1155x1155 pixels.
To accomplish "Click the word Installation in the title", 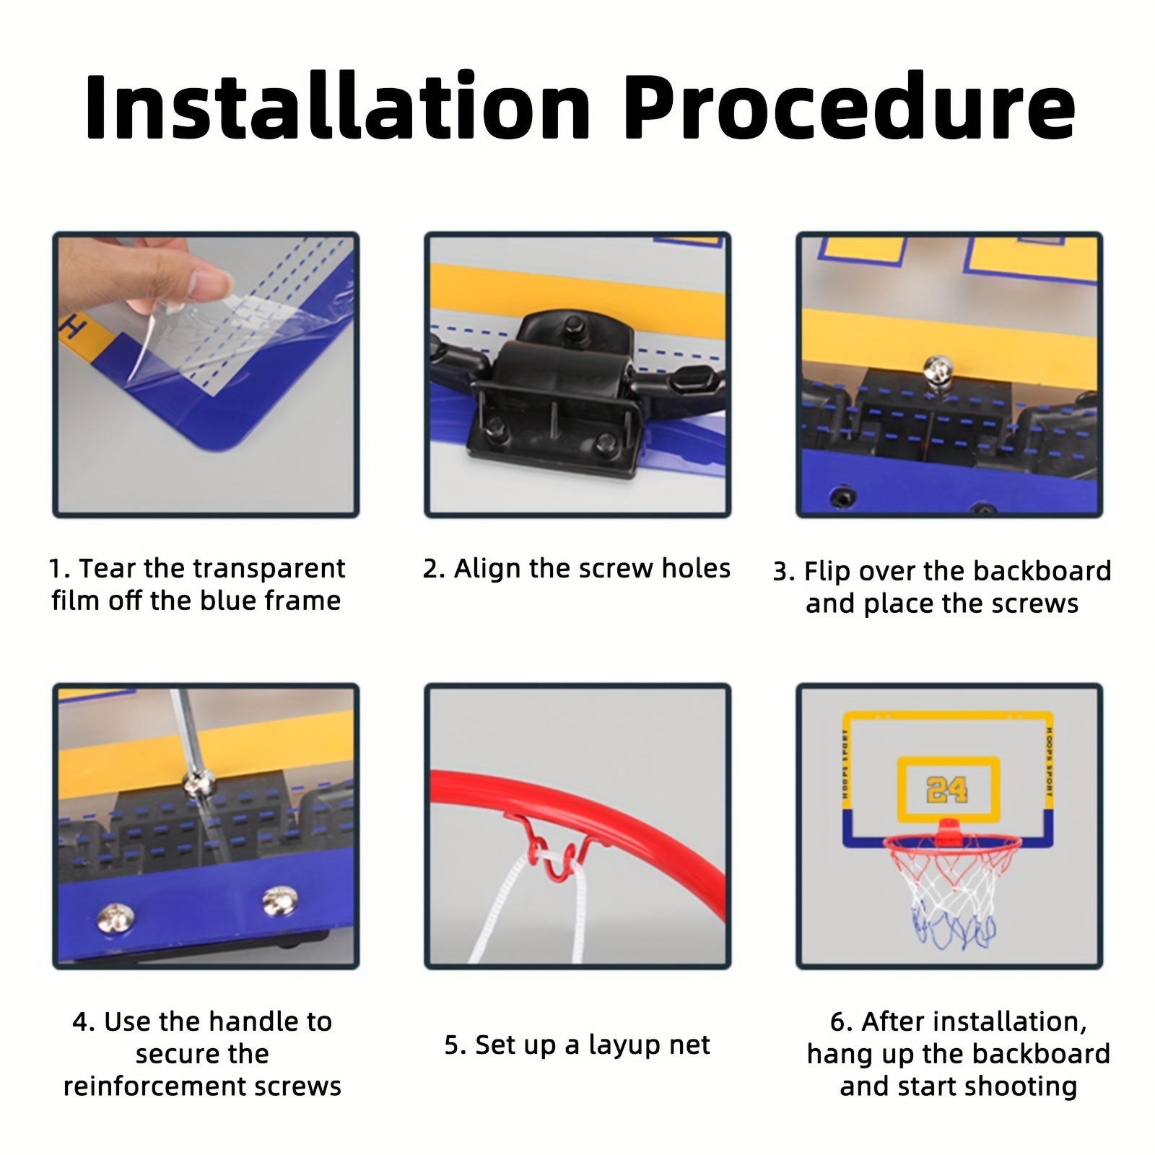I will click(x=338, y=107).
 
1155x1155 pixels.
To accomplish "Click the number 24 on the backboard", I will click(x=946, y=790).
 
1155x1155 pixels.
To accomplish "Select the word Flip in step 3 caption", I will click(x=822, y=571).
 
